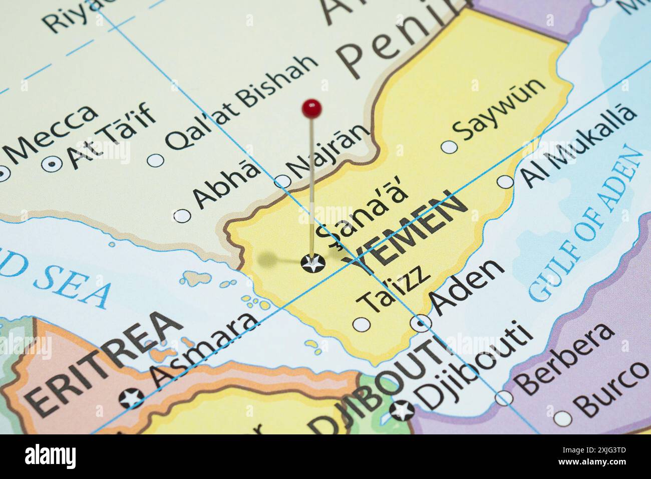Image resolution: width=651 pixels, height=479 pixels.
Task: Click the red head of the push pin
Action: pos(312,107)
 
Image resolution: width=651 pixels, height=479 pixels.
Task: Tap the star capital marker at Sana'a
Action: pos(313,263)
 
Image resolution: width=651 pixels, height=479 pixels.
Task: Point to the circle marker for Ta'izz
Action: pos(362,325)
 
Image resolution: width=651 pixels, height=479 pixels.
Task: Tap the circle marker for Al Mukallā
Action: pos(505,182)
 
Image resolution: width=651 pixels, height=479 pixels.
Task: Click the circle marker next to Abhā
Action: pos(182,215)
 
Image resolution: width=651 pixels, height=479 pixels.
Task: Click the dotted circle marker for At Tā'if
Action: pos(52,163)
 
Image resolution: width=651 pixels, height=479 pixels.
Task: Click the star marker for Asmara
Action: pos(131,398)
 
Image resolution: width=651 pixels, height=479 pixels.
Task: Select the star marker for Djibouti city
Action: pos(402,411)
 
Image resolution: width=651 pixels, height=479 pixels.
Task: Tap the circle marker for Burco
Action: pos(563,417)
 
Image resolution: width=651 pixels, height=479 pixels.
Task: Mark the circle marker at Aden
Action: pos(421,324)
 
